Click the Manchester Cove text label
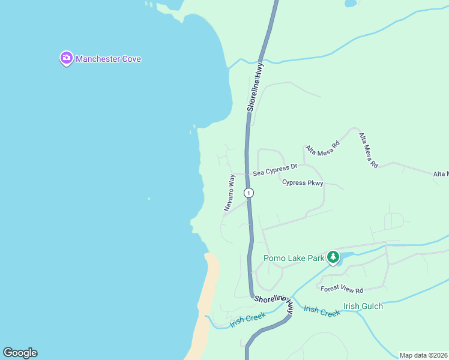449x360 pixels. (108, 59)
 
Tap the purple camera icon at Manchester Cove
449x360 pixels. (66, 58)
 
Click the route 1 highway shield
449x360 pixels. (249, 193)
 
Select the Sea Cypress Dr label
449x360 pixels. (275, 171)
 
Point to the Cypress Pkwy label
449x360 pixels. (303, 183)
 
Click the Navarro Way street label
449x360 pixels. (229, 192)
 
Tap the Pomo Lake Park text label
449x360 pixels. (294, 259)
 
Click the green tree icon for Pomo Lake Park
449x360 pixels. (333, 258)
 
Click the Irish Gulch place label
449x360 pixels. (363, 306)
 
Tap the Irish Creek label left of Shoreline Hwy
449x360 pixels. (247, 320)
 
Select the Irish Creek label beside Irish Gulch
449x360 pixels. (321, 311)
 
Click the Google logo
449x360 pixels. (20, 353)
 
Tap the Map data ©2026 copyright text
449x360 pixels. (424, 355)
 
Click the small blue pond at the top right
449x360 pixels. (351, 3)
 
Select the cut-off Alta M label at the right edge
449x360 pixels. (441, 174)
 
